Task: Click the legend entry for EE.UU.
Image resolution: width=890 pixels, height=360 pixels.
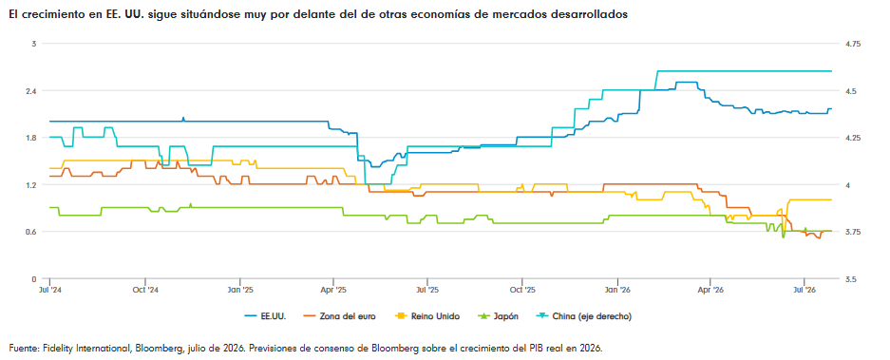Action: point(266,316)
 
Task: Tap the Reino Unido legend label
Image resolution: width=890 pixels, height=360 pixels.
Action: point(418,316)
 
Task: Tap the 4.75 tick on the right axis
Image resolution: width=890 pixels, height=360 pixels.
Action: point(853,44)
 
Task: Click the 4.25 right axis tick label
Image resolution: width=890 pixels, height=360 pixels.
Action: point(853,138)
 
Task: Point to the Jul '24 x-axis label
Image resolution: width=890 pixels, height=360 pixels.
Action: point(50,290)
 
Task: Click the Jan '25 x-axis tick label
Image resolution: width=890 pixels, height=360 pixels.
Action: point(239,290)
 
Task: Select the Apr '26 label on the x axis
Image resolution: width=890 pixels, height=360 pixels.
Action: point(710,290)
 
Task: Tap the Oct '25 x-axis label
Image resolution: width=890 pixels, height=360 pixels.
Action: point(521,290)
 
